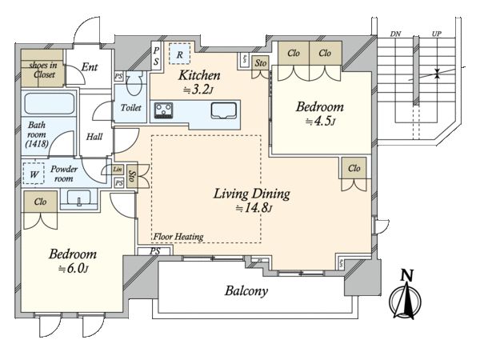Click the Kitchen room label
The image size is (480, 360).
pyautogui.click(x=199, y=75)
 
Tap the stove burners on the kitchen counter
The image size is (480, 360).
pyautogui.click(x=164, y=110)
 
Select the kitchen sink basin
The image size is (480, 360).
pyautogui.click(x=224, y=110)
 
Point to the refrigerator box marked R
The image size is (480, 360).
pyautogui.click(x=180, y=54)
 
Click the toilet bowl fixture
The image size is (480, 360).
pyautogui.click(x=133, y=83)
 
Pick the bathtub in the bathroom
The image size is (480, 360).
pyautogui.click(x=50, y=103)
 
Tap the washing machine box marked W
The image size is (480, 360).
pyautogui.click(x=34, y=174)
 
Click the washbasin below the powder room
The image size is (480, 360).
pyautogui.click(x=78, y=198)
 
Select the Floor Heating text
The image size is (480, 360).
pyautogui.click(x=178, y=237)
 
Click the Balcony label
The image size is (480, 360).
pyautogui.click(x=246, y=290)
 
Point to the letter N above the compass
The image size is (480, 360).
pyautogui.click(x=407, y=275)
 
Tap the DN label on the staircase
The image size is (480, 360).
pyautogui.click(x=395, y=34)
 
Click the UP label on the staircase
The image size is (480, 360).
pyautogui.click(x=437, y=34)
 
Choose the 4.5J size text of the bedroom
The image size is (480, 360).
pyautogui.click(x=321, y=122)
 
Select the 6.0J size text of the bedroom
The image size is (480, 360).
pyautogui.click(x=74, y=269)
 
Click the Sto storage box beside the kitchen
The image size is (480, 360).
pyautogui.click(x=261, y=63)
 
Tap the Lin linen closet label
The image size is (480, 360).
pyautogui.click(x=118, y=170)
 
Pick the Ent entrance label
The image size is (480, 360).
pyautogui.click(x=90, y=67)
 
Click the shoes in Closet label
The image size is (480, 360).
pyautogui.click(x=43, y=70)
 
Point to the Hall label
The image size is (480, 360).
pyautogui.click(x=94, y=137)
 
